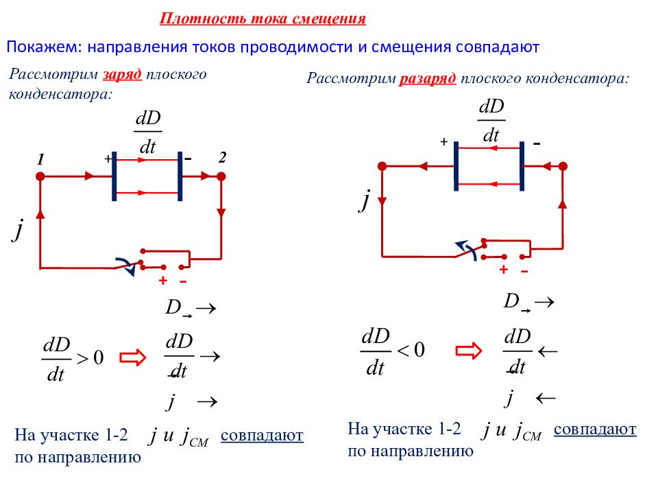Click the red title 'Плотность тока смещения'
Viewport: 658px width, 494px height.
[263, 19]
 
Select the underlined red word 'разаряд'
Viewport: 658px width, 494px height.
[428, 78]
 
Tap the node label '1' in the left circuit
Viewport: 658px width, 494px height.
[40, 159]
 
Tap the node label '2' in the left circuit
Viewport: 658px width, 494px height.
[222, 158]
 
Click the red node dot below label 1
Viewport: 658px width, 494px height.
[40, 176]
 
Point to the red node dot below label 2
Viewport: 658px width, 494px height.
[221, 176]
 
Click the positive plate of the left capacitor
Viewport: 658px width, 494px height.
[114, 176]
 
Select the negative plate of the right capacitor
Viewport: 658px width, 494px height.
[522, 166]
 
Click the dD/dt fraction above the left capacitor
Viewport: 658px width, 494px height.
[148, 132]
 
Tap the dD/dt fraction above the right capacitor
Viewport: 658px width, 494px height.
[491, 121]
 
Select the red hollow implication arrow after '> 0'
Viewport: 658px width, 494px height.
[132, 357]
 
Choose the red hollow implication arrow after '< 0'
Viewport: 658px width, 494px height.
[469, 351]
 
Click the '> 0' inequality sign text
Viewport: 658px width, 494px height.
[90, 358]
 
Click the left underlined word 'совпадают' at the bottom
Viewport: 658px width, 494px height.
[262, 436]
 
